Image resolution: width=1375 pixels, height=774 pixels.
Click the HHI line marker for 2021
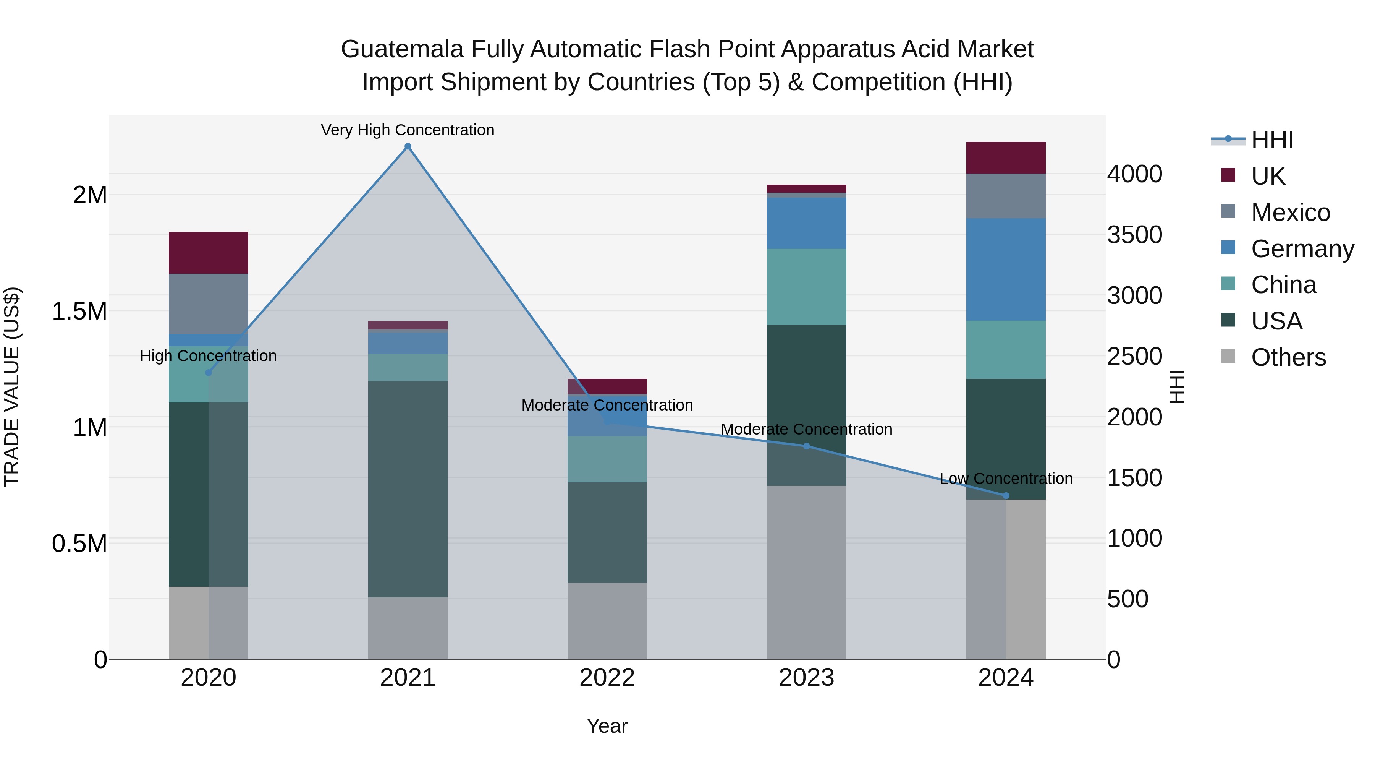[x=408, y=146]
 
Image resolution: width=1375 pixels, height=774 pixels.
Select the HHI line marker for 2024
[x=1006, y=496]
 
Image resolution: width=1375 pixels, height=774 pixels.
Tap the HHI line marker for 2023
[x=807, y=446]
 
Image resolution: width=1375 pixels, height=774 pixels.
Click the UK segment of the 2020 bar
[x=208, y=253]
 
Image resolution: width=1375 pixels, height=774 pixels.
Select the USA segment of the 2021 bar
[x=408, y=489]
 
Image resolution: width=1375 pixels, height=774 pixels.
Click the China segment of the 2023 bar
[x=807, y=287]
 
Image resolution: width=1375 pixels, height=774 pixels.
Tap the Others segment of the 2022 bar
[x=607, y=621]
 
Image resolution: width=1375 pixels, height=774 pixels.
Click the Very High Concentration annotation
[x=408, y=130]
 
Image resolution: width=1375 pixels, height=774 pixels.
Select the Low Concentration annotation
[x=1006, y=479]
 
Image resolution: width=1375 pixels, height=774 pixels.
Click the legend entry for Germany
[x=1302, y=249]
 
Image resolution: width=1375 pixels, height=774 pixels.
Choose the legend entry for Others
[x=1288, y=357]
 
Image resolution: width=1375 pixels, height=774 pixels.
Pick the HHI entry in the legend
[x=1272, y=140]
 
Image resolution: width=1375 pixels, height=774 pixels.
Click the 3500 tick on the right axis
[x=1134, y=235]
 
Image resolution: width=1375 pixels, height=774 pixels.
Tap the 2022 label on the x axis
[x=607, y=678]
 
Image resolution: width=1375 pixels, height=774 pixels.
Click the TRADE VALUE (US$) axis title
[x=12, y=387]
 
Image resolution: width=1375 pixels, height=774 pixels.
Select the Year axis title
[x=607, y=726]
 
